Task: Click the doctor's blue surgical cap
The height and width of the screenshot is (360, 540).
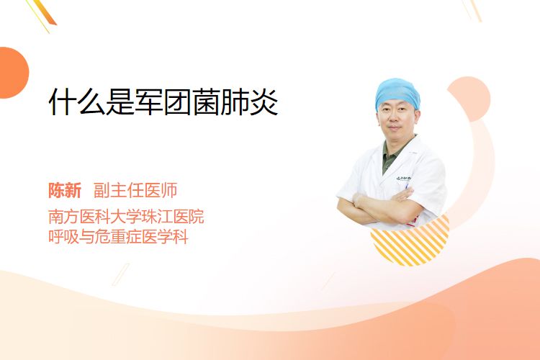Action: (x=397, y=93)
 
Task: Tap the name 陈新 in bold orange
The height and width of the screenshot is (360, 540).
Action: (x=65, y=191)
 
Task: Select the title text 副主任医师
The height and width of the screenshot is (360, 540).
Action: (x=135, y=191)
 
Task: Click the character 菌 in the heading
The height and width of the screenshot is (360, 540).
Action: (x=206, y=102)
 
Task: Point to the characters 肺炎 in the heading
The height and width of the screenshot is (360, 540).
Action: (x=249, y=102)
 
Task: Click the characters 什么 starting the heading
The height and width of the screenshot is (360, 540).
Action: (x=77, y=102)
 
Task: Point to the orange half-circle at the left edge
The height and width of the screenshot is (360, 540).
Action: (x=13, y=73)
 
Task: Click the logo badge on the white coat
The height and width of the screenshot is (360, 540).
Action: (x=404, y=179)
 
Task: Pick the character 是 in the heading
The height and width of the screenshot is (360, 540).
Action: (x=120, y=102)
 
